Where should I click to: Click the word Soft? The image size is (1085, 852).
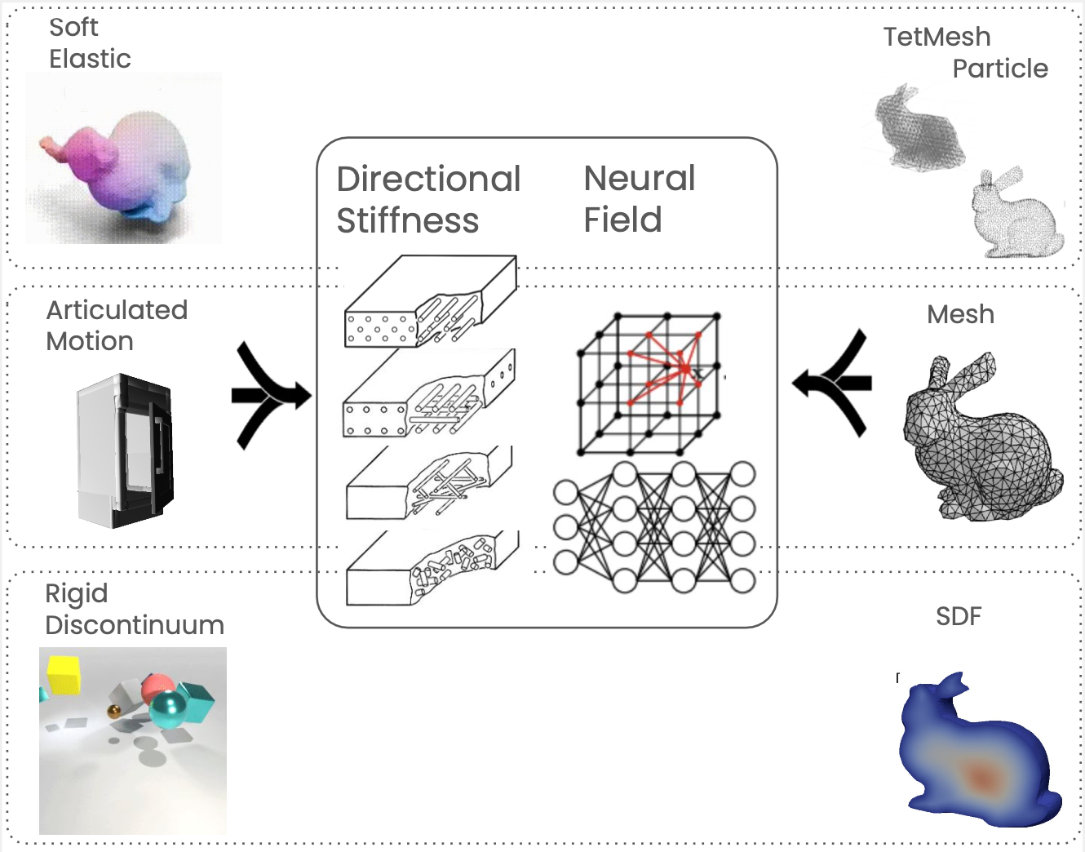pos(73,27)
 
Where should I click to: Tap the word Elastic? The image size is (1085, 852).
pos(90,59)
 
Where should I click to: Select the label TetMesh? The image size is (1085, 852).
pos(937,37)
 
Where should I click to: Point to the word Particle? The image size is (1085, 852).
pos(1000,69)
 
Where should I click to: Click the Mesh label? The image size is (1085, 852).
pos(960,314)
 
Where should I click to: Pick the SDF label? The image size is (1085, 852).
pos(959,616)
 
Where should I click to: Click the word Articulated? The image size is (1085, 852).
pos(117,310)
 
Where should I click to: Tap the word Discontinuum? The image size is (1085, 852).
pos(135,625)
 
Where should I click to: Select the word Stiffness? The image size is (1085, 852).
pos(407,220)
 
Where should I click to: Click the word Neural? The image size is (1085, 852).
pos(640,178)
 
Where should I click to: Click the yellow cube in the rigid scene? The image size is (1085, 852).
pos(63,674)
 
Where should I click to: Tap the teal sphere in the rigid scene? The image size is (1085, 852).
pos(169,710)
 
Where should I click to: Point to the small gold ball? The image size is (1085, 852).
pos(114,712)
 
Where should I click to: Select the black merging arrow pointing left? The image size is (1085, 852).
pos(834,382)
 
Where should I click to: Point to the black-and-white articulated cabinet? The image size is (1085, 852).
pos(126,450)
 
